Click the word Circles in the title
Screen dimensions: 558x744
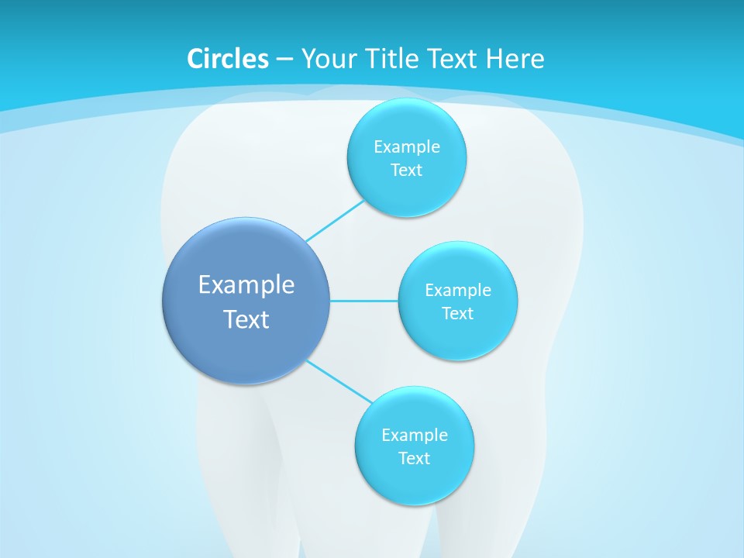tap(227, 59)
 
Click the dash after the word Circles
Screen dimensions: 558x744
tap(284, 60)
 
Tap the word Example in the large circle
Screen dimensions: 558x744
tap(246, 285)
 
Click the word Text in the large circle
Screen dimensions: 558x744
tap(246, 319)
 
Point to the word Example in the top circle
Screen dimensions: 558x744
tap(407, 147)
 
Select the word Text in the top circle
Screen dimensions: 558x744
tap(407, 170)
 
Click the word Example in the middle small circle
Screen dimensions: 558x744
tap(458, 291)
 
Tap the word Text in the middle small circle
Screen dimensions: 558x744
tap(458, 314)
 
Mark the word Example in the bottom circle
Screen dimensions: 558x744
tap(415, 435)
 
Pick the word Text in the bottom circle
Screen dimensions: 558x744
tap(415, 459)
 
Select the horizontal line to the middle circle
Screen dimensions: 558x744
tap(364, 301)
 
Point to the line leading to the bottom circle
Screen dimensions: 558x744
tap(339, 381)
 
